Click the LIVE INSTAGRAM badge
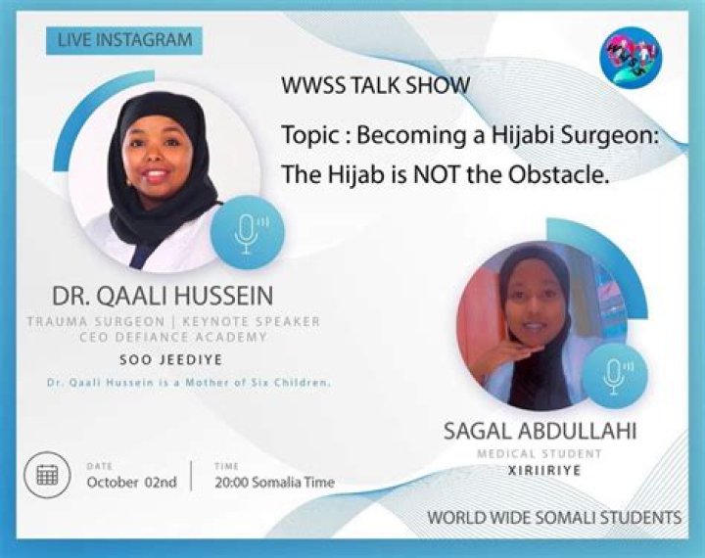pos(123,40)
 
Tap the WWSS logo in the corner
pos(631,54)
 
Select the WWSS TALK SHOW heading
pos(375,85)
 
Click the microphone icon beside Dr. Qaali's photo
pos(245,231)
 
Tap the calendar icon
pos(47,475)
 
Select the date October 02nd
pos(130,482)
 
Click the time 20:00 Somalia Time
pos(274,482)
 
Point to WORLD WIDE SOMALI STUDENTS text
pos(554,516)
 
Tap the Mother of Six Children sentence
pos(188,383)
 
